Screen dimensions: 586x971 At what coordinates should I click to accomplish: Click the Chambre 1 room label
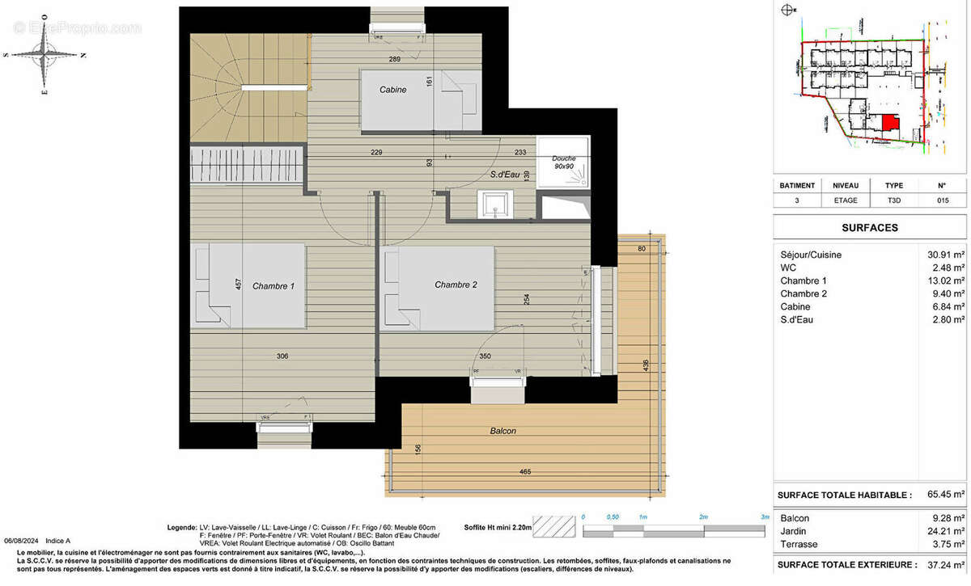click(x=273, y=286)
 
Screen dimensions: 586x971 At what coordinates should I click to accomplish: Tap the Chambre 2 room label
click(x=456, y=285)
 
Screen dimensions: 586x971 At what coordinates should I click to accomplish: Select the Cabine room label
click(x=392, y=90)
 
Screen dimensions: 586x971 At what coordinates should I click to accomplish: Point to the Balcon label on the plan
click(x=502, y=431)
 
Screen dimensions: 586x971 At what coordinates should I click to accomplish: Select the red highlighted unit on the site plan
click(x=889, y=124)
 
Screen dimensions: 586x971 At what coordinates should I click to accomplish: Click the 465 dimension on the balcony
click(x=525, y=471)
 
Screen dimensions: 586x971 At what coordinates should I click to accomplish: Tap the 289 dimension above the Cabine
click(x=395, y=60)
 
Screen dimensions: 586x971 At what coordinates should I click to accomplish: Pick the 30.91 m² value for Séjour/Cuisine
click(x=946, y=255)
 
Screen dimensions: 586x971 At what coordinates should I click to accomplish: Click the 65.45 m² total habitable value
click(x=946, y=494)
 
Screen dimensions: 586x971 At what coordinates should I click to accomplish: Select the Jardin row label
click(x=794, y=531)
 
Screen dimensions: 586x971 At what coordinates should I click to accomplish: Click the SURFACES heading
click(x=871, y=228)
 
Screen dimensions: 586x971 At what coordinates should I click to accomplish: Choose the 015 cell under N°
click(x=942, y=200)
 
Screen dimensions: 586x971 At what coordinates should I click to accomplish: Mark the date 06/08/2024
click(x=21, y=541)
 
